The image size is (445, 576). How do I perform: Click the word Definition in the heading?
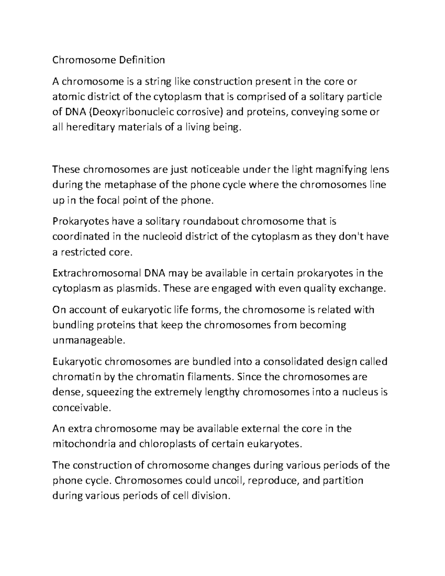pos(142,60)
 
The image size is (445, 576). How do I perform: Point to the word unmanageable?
pos(87,340)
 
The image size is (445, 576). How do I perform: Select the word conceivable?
pos(82,408)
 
